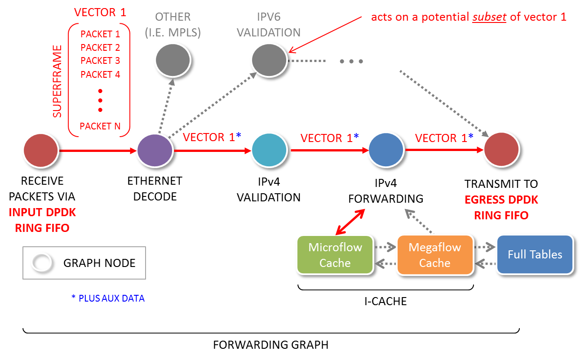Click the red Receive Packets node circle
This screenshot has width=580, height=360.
(x=41, y=151)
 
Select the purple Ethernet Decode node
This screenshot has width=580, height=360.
(x=155, y=151)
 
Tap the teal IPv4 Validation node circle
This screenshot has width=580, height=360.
(x=269, y=151)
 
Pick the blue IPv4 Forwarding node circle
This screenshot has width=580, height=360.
(x=386, y=151)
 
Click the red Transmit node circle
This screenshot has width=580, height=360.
(x=501, y=151)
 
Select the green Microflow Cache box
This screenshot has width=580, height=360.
(x=335, y=255)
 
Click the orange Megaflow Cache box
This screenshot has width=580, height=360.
(x=434, y=255)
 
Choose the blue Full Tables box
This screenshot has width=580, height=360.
(x=535, y=254)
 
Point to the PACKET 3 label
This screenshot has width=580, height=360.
(x=100, y=61)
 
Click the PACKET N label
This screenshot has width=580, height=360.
(x=100, y=126)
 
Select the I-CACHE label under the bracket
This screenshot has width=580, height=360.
(x=385, y=301)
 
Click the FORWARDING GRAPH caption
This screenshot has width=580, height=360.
(x=270, y=345)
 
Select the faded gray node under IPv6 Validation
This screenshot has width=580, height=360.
(x=269, y=60)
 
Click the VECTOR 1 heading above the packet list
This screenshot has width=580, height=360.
(x=100, y=12)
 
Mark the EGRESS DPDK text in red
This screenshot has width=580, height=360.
(x=501, y=200)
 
